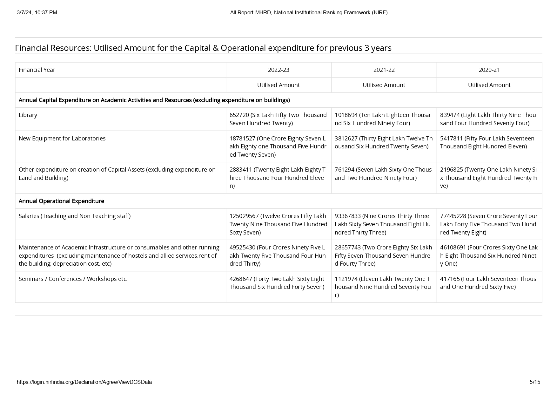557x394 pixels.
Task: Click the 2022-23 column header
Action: (278, 70)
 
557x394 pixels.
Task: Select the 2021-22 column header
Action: (384, 70)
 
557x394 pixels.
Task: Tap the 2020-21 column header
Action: (489, 70)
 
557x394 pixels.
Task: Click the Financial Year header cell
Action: (37, 70)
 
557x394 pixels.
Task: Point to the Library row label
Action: (28, 115)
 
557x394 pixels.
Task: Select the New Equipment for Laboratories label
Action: (62, 139)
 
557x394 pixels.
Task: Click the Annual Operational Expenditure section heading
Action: (61, 201)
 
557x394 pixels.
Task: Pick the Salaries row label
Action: (75, 216)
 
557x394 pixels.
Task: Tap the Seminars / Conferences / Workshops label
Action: (73, 279)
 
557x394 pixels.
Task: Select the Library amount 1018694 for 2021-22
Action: (346, 115)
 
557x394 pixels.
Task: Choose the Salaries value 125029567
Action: (244, 216)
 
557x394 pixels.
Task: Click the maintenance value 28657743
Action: (348, 248)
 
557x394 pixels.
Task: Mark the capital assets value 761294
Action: (345, 170)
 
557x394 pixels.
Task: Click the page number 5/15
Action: (535, 382)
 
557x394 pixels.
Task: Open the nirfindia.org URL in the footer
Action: (84, 382)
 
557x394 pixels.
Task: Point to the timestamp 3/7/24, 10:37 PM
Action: (37, 12)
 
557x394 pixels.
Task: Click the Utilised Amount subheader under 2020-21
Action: (489, 85)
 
